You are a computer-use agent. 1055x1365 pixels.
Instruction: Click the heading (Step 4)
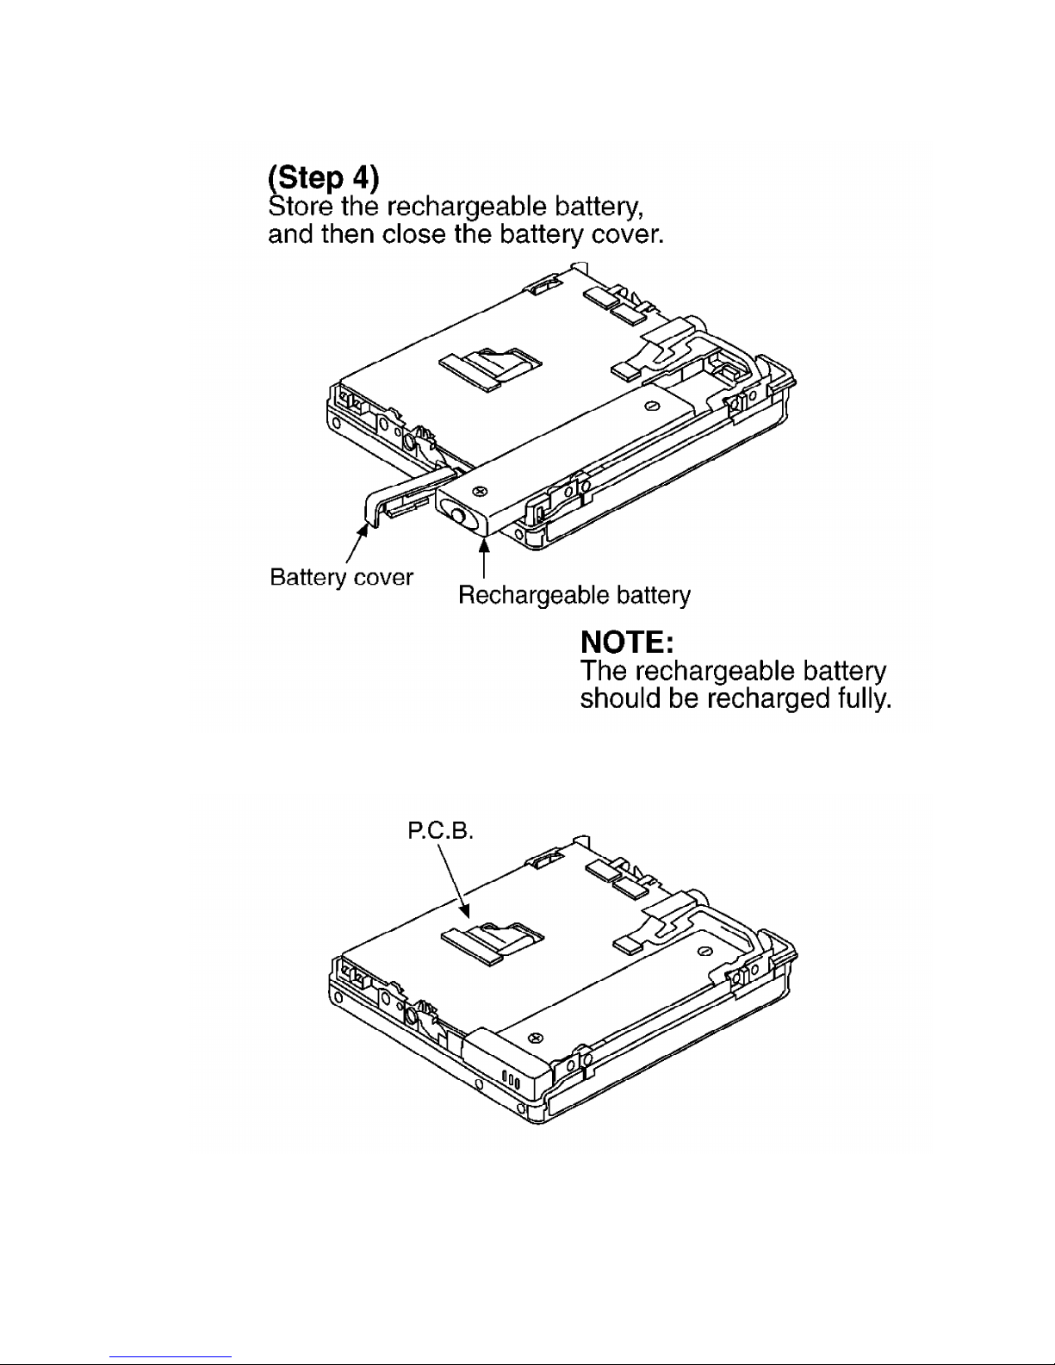(x=324, y=177)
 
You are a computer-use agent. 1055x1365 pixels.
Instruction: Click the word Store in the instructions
(x=301, y=206)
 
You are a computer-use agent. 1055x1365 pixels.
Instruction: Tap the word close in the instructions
(x=415, y=233)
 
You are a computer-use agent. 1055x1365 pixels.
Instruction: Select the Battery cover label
(x=341, y=577)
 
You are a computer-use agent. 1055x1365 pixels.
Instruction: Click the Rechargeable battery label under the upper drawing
(x=574, y=595)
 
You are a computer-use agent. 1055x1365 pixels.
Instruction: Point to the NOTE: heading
(x=627, y=642)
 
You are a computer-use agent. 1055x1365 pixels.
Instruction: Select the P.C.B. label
(x=439, y=831)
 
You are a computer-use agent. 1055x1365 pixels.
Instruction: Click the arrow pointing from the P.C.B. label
(x=453, y=880)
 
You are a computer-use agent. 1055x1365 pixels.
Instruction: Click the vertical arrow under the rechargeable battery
(x=483, y=558)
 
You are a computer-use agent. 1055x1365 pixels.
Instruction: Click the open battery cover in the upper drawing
(x=405, y=497)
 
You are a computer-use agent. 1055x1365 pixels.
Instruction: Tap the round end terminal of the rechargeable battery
(x=458, y=517)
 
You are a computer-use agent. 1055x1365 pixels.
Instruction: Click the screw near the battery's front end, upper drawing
(x=481, y=490)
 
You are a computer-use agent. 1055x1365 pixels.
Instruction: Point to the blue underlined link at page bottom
(x=171, y=1357)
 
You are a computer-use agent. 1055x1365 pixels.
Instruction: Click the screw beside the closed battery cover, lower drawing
(x=535, y=1037)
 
